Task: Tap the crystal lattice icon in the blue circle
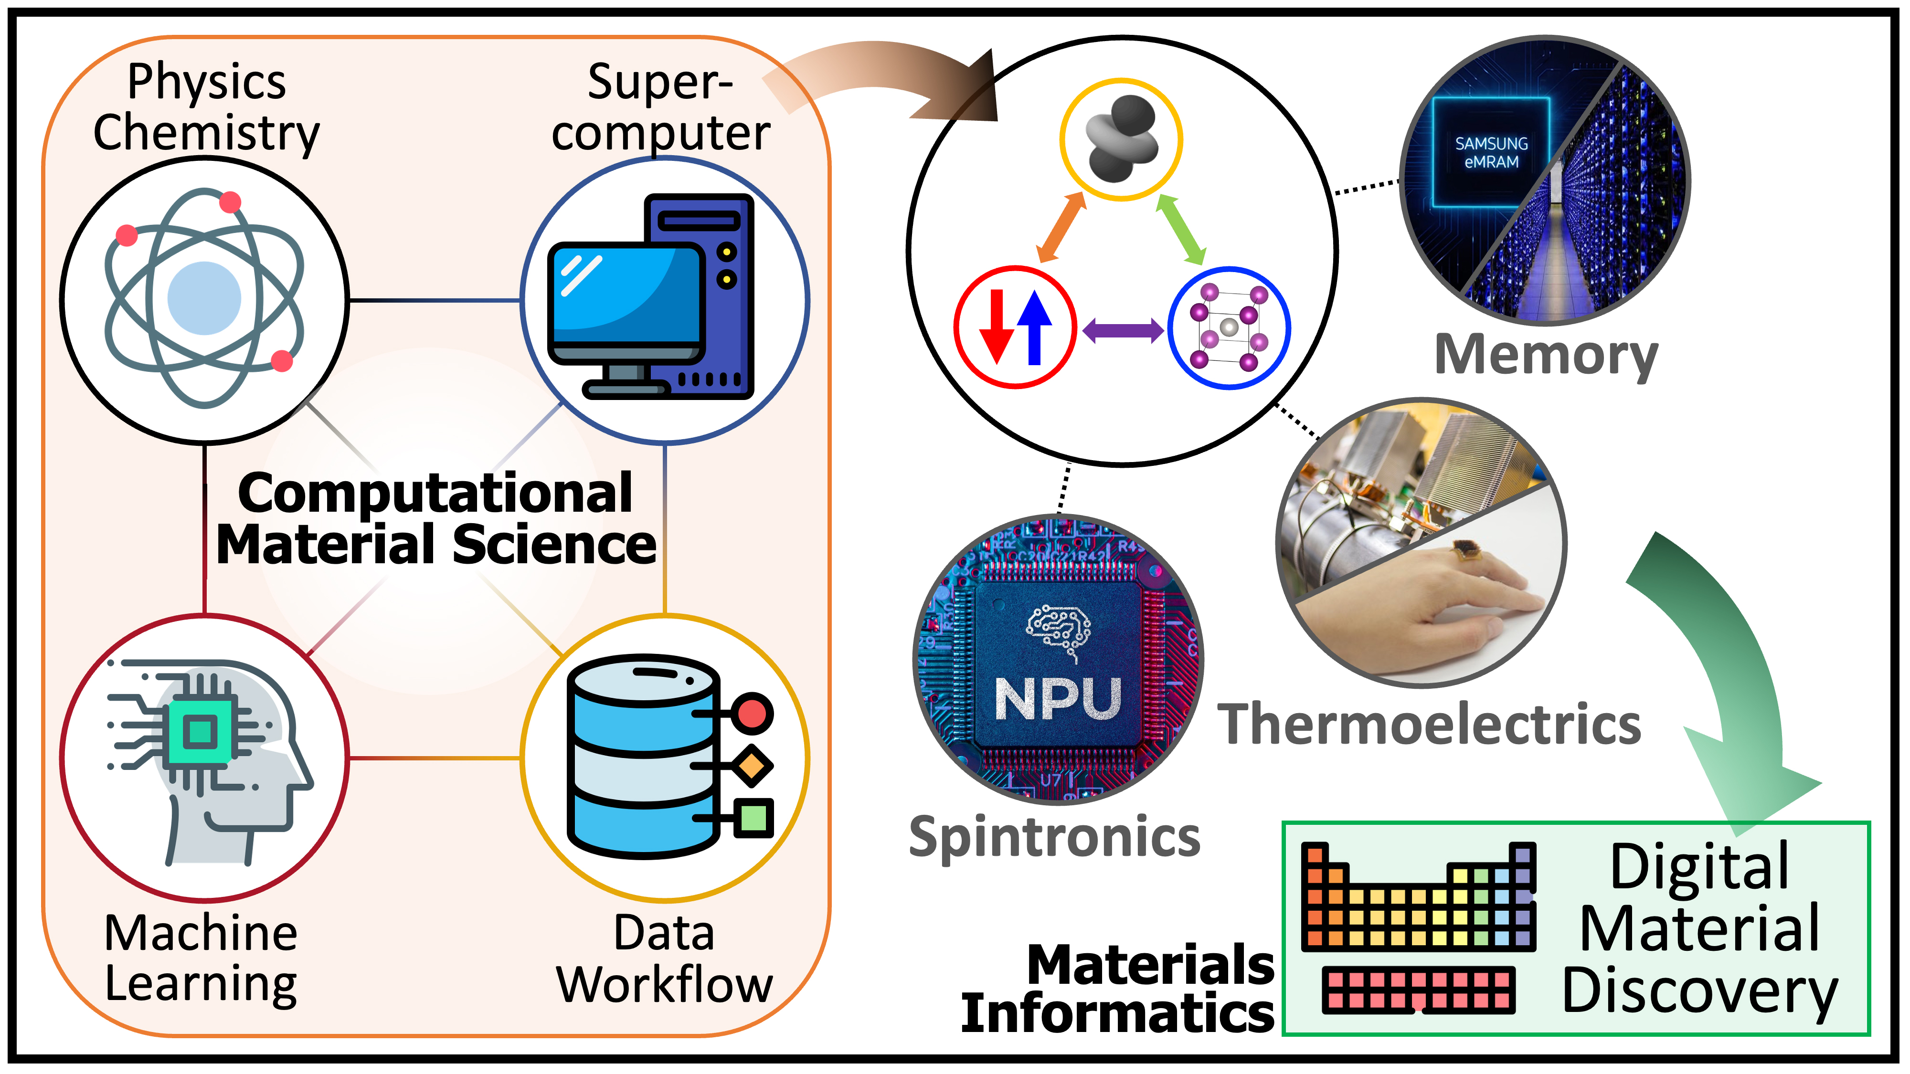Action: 1229,327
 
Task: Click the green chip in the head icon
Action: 199,732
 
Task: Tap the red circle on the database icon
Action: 752,714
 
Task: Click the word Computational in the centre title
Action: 435,493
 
